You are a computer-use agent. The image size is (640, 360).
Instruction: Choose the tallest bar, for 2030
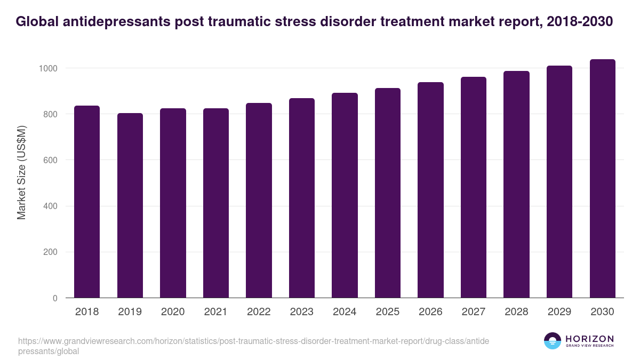pyautogui.click(x=602, y=179)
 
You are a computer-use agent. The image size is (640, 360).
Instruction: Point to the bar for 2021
pyautogui.click(x=216, y=203)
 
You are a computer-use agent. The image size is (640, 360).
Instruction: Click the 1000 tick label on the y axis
pyautogui.click(x=47, y=68)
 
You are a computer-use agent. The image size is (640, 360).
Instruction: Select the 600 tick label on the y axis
pyautogui.click(x=50, y=160)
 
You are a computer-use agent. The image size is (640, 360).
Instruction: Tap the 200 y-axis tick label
pyautogui.click(x=50, y=252)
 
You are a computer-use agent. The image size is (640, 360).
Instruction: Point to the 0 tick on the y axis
pyautogui.click(x=55, y=298)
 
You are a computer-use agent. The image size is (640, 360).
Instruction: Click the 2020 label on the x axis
pyautogui.click(x=173, y=312)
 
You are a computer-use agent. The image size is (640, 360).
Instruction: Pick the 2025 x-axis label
pyautogui.click(x=388, y=312)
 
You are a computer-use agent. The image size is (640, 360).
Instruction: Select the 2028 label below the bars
pyautogui.click(x=516, y=312)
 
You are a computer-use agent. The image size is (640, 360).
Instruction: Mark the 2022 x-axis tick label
pyautogui.click(x=259, y=312)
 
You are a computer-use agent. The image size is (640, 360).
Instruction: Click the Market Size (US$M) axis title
pyautogui.click(x=21, y=172)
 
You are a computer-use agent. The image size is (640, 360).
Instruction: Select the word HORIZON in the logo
pyautogui.click(x=589, y=339)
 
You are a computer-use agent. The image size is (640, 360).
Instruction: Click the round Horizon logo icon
pyautogui.click(x=553, y=341)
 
